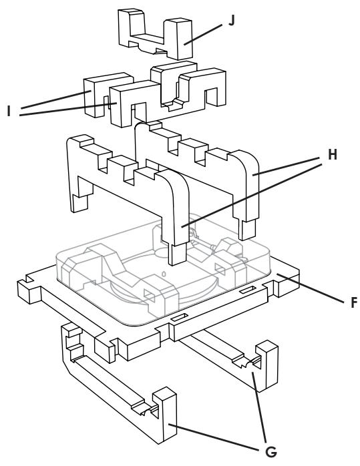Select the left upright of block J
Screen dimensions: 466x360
130,27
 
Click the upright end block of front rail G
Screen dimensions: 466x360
165,417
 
